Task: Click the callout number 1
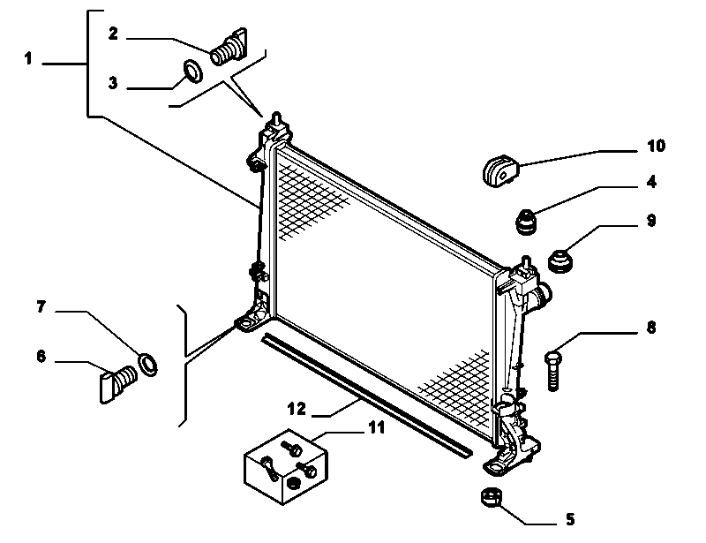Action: tap(28, 58)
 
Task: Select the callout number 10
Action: tap(656, 146)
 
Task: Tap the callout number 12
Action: tap(297, 409)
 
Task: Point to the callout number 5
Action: tap(570, 519)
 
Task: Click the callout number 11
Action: tap(377, 427)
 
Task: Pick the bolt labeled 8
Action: tap(553, 371)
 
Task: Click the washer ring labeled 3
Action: tap(193, 72)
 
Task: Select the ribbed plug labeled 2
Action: tap(229, 47)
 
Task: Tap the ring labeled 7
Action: tap(147, 364)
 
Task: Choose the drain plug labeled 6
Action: tap(118, 383)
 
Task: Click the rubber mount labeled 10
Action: tap(500, 170)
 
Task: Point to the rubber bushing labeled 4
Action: tap(526, 222)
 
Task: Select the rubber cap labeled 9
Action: tap(560, 261)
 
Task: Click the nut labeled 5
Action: tap(492, 496)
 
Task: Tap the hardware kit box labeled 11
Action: tap(286, 467)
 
